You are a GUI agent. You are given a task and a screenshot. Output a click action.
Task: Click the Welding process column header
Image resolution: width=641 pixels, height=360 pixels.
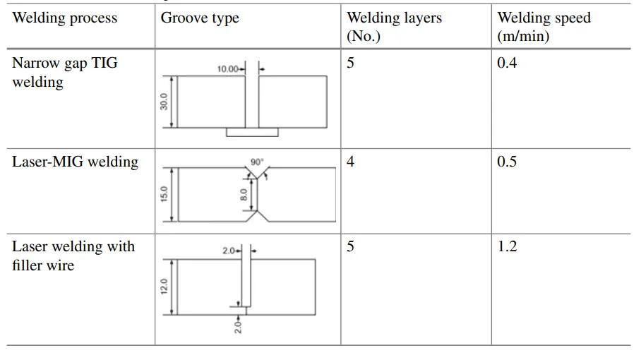coord(65,18)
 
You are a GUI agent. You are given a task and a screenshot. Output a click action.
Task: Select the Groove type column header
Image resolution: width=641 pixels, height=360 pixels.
coord(200,18)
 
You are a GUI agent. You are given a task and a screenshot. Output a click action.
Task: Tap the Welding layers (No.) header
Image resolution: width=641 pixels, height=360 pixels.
coord(394,27)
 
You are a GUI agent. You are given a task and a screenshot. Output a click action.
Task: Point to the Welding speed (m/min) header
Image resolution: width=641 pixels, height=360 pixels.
coord(544,27)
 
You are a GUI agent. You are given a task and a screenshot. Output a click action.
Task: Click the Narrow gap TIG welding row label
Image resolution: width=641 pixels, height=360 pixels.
coord(64,73)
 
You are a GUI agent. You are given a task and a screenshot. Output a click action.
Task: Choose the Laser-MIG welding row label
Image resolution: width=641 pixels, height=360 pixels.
coord(75,162)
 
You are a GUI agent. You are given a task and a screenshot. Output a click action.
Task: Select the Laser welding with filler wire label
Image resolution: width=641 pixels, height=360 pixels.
coord(73,256)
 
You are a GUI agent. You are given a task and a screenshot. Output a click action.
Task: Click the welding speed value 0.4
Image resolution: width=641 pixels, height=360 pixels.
coord(507,64)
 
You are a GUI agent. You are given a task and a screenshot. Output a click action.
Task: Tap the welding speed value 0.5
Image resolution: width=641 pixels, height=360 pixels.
coord(507,162)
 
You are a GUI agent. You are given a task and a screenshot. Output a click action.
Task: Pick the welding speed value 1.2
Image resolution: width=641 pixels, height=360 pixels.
coord(507,246)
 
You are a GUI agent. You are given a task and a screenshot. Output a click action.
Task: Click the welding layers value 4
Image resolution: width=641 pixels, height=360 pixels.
coord(351,162)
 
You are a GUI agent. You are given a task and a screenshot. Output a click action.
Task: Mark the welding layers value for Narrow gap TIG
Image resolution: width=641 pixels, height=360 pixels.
coord(351,64)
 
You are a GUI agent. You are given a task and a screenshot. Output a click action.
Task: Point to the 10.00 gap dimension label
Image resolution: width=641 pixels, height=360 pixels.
coord(227,69)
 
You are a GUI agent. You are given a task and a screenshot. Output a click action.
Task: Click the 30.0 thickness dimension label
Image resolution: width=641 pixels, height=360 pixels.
coord(164,102)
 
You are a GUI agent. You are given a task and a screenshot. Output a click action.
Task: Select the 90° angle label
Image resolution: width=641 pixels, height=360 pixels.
coord(256,162)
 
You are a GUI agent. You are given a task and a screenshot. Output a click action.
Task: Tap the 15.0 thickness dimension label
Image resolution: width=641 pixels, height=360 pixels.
coord(164,194)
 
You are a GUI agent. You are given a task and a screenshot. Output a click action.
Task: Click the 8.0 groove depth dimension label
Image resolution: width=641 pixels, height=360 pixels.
coord(244,193)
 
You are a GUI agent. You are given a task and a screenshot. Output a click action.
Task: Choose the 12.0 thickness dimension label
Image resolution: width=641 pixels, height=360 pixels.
coord(164,287)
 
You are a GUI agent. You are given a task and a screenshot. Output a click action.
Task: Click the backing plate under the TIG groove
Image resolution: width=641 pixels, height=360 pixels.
coord(252,132)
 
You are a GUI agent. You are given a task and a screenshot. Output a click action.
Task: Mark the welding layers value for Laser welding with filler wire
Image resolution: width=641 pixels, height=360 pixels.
coord(351,246)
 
